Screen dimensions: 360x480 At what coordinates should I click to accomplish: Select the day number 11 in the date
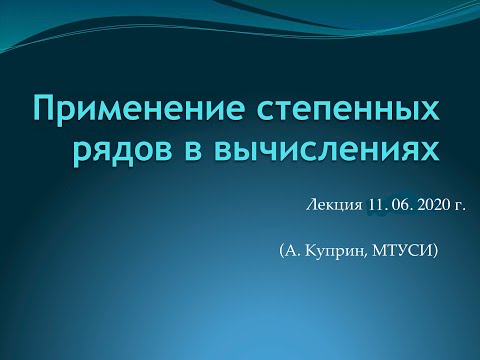click(376, 204)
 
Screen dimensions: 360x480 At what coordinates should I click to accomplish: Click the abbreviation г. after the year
click(461, 205)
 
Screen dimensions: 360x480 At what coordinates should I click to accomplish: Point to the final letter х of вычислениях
click(430, 150)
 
